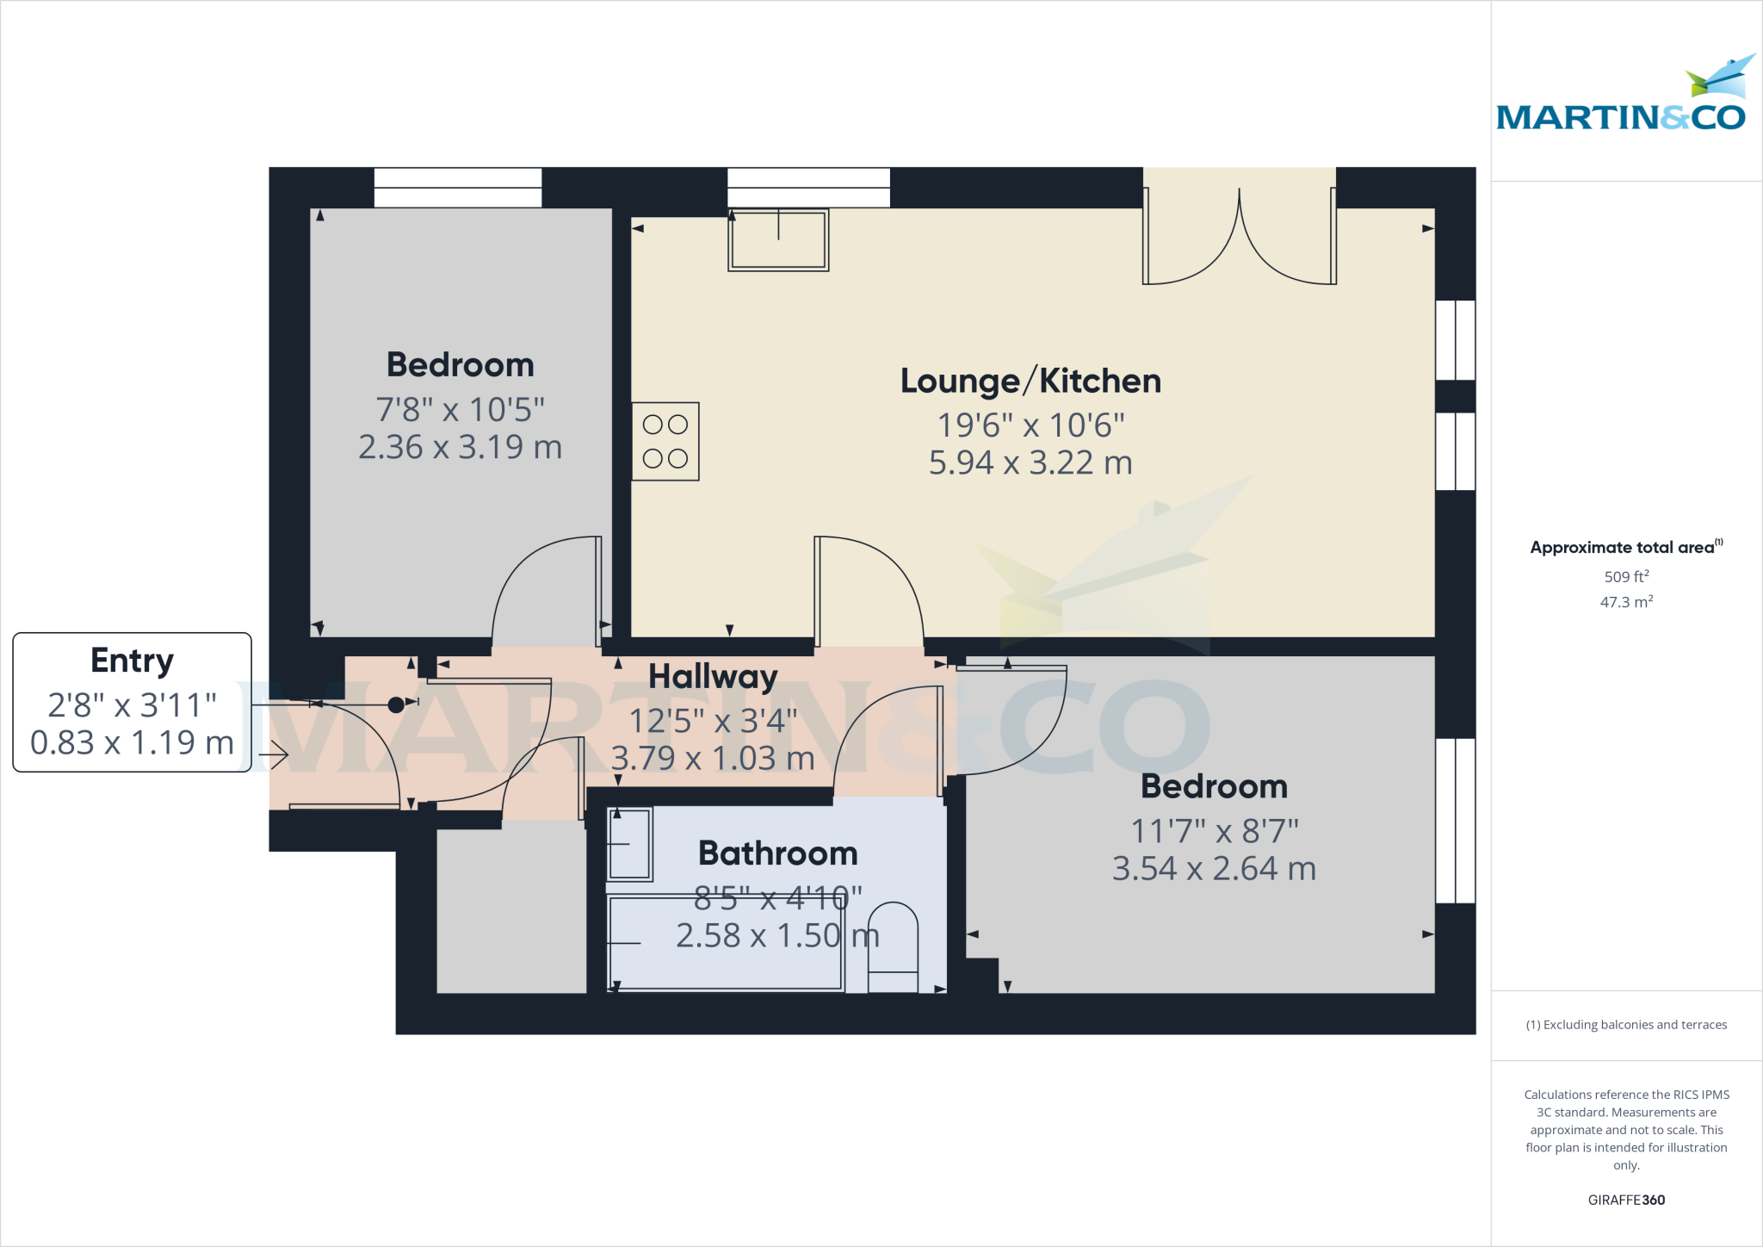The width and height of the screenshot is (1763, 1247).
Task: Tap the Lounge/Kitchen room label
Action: coord(1030,381)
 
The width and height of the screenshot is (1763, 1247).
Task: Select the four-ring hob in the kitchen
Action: coord(665,441)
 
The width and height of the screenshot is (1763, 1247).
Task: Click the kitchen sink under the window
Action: coord(778,240)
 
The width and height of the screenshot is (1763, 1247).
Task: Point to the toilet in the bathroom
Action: coord(893,947)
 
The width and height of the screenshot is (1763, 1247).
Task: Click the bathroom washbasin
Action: coord(630,844)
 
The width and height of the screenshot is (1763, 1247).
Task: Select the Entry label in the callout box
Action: coord(132,661)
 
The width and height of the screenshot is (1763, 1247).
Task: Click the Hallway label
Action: coord(713,677)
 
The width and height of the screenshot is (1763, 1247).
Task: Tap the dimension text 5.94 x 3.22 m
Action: coord(1030,463)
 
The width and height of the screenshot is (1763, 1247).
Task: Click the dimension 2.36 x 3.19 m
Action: coord(460,447)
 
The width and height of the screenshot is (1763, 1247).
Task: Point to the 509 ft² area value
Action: coord(1626,576)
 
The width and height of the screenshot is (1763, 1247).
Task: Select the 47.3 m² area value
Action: coord(1626,602)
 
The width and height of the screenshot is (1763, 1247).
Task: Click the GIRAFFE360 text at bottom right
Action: coord(1626,1200)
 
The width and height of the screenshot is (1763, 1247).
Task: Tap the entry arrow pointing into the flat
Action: coord(274,756)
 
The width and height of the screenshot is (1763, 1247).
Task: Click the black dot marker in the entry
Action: coord(396,705)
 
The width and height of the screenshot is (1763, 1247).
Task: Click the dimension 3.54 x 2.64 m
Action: coord(1214,869)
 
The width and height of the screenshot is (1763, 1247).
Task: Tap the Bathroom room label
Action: coord(777,853)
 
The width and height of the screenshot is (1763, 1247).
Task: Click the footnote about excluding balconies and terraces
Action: coord(1626,1025)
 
